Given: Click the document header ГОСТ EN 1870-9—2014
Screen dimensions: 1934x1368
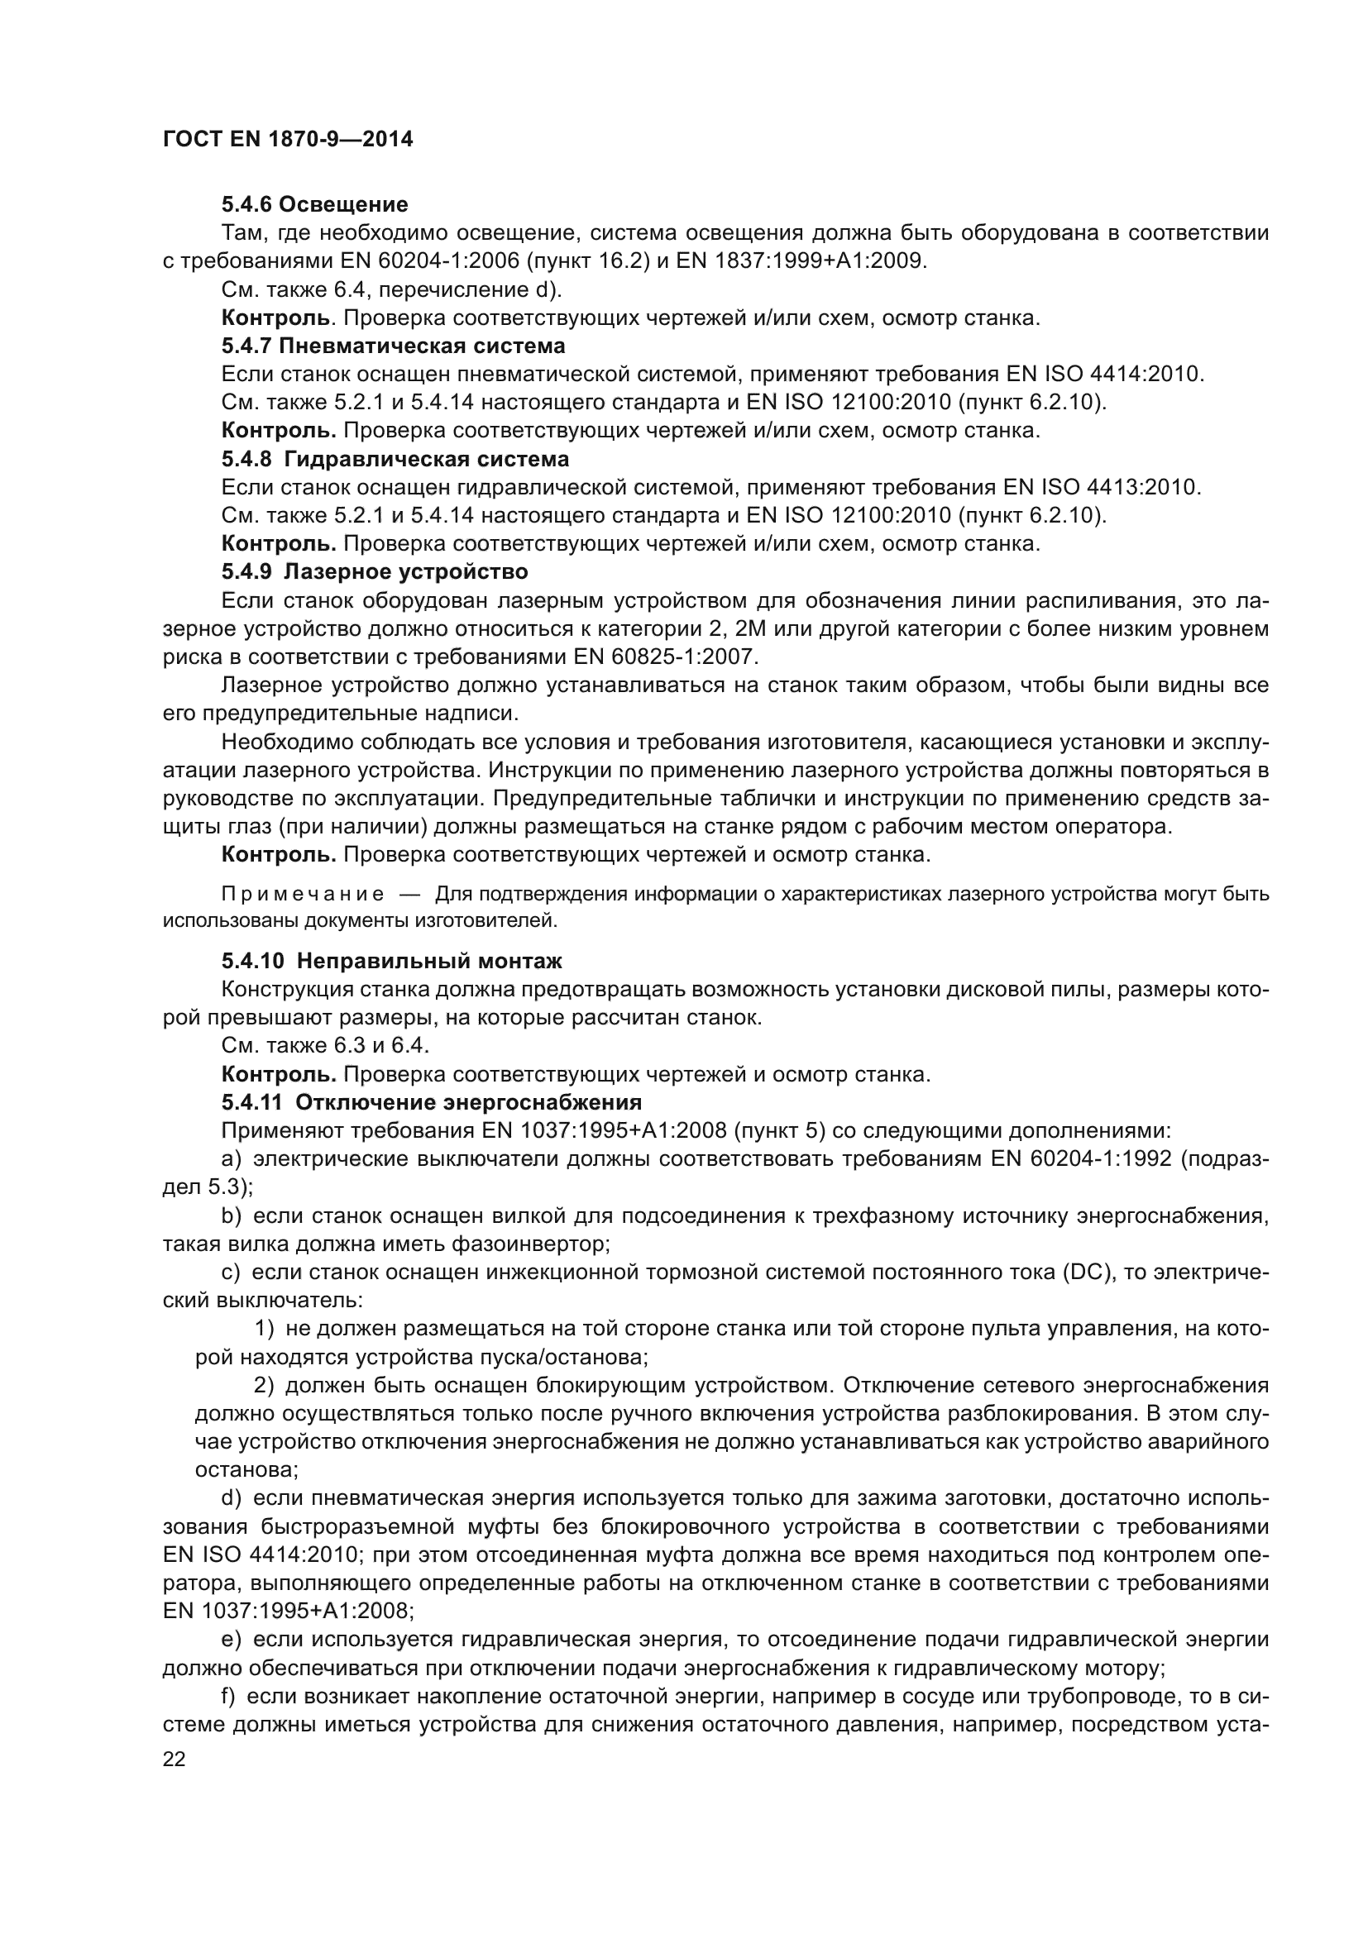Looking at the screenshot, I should click(287, 140).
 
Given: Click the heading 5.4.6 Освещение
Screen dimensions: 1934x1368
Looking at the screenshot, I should click(314, 205).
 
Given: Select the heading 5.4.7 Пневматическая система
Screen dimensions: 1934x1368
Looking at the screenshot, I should click(393, 346).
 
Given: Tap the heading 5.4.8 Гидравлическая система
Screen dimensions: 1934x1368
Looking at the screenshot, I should click(395, 459).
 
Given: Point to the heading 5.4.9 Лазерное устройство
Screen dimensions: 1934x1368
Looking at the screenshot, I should click(374, 572).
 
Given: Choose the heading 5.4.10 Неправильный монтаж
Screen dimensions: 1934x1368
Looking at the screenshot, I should click(392, 961).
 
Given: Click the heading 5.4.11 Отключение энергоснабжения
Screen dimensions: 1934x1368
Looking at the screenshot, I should click(431, 1103).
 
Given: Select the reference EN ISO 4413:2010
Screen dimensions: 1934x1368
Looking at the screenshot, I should click(1101, 488).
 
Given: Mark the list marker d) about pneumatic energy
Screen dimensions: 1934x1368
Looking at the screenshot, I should click(232, 1498).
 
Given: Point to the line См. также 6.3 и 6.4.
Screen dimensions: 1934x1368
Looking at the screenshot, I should click(325, 1046).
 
